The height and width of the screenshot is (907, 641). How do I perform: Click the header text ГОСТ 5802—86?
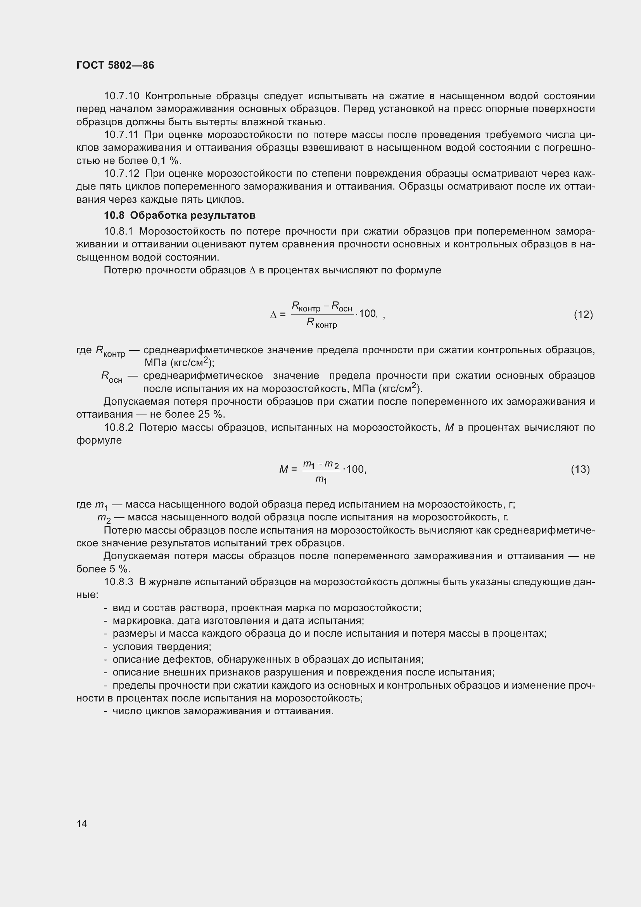coord(115,65)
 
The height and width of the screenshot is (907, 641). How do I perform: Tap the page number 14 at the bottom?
coord(82,824)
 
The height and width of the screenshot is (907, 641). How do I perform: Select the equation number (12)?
coord(583,314)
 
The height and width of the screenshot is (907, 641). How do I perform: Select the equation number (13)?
coord(580,469)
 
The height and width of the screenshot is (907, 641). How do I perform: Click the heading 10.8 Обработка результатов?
coord(180,215)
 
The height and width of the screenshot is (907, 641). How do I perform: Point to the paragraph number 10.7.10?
coord(121,96)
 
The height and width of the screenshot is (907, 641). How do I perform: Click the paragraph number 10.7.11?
coord(121,135)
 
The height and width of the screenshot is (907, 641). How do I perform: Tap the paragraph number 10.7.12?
coord(121,173)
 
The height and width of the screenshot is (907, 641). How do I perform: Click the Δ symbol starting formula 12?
coord(273,315)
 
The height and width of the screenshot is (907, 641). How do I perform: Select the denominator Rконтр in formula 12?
coord(321,323)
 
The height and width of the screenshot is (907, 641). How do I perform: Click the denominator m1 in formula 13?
coord(321,480)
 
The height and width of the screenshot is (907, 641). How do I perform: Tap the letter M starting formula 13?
coord(283,469)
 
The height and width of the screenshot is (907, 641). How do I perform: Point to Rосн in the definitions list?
coord(111,377)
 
